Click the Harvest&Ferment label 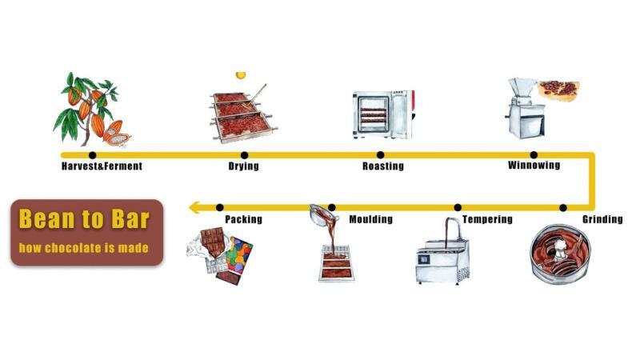tap(102, 166)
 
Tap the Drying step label tap(244, 166)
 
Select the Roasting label tap(382, 166)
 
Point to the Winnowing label tap(534, 166)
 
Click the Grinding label tap(602, 219)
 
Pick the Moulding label tap(370, 219)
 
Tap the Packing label tap(243, 219)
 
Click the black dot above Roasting tap(380, 154)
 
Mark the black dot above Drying tap(244, 154)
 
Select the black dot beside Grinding tap(563, 208)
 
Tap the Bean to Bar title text tap(85, 219)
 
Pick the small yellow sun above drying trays tap(240, 75)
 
